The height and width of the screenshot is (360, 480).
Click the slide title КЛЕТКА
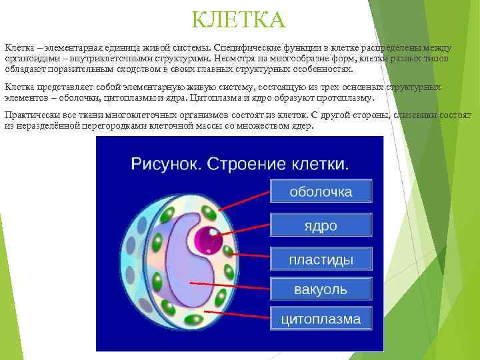tap(238, 20)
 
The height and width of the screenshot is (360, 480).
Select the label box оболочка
tap(320, 192)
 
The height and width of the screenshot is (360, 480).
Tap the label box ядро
tap(320, 225)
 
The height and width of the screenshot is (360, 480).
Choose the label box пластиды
tap(320, 258)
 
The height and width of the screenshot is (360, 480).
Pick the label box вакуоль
tap(320, 290)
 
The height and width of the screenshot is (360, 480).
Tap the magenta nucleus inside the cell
tap(205, 238)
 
